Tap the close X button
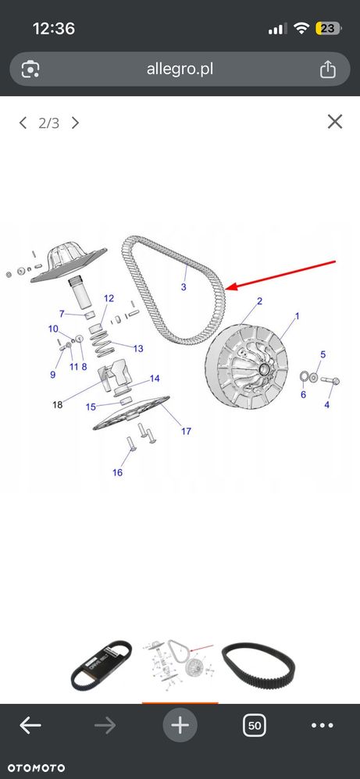(x=335, y=122)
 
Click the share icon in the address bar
(x=327, y=69)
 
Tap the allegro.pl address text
(x=180, y=69)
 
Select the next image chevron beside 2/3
(x=75, y=123)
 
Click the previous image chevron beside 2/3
(x=23, y=123)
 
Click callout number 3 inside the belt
(x=184, y=287)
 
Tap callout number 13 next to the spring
(x=137, y=348)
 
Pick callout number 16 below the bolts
(x=117, y=472)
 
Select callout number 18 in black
(x=58, y=404)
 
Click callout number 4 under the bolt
(x=326, y=405)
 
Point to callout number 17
(x=186, y=431)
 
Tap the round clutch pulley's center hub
(x=263, y=368)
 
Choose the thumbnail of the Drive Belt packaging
(x=102, y=665)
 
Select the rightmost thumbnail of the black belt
(x=258, y=666)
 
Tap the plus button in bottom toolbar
(x=180, y=726)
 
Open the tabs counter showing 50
(x=254, y=726)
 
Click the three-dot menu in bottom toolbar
(x=323, y=726)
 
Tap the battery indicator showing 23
(x=329, y=28)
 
